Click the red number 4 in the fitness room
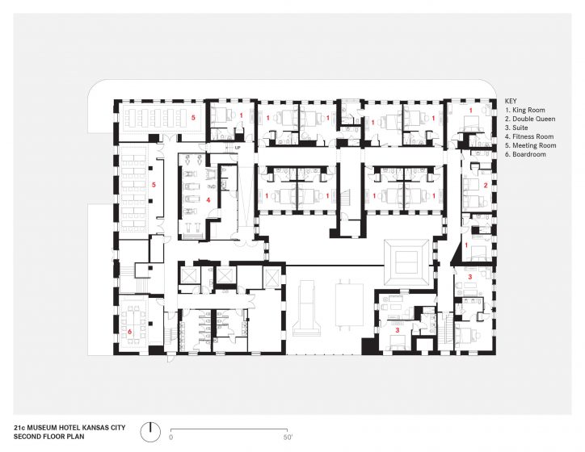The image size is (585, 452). (208, 200)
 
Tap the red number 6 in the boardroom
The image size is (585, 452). (130, 331)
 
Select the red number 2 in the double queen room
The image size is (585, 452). (486, 185)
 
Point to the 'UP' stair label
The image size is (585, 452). (238, 148)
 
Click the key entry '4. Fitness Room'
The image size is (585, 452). (529, 136)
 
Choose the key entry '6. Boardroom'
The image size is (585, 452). (525, 154)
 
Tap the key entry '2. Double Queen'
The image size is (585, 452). (530, 119)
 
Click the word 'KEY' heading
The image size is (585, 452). (511, 101)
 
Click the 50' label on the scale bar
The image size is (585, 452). (288, 437)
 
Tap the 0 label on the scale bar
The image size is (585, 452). (170, 437)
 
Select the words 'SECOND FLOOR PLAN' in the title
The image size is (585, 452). (48, 437)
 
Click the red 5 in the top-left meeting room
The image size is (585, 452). (193, 118)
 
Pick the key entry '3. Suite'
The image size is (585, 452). (516, 128)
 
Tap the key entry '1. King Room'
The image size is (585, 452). (525, 110)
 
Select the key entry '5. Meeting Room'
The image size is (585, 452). (531, 145)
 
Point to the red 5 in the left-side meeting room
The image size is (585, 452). (154, 185)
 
